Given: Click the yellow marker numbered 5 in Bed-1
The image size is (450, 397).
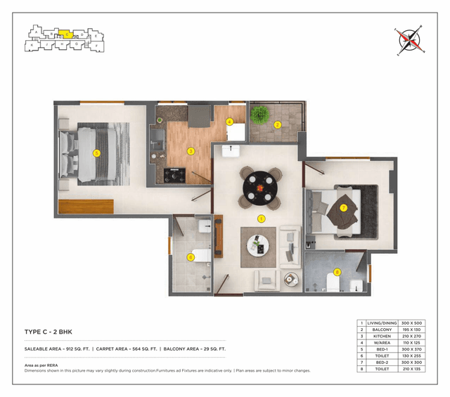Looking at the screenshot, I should pos(97,152).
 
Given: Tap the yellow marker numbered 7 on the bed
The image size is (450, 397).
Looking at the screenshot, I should pos(343,208).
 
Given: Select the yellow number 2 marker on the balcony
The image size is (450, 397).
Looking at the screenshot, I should pos(278,125).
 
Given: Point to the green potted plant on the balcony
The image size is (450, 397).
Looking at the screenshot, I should pos(259,115).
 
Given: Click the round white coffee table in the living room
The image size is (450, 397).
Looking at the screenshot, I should pos(258,246).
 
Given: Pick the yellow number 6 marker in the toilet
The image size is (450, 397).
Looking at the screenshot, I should pos(191,257).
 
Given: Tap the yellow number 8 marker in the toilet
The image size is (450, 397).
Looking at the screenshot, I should pos(337,273).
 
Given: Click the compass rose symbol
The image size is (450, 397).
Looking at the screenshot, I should pos(410,41).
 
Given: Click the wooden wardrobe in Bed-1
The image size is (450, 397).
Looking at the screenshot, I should pos(86,207).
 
